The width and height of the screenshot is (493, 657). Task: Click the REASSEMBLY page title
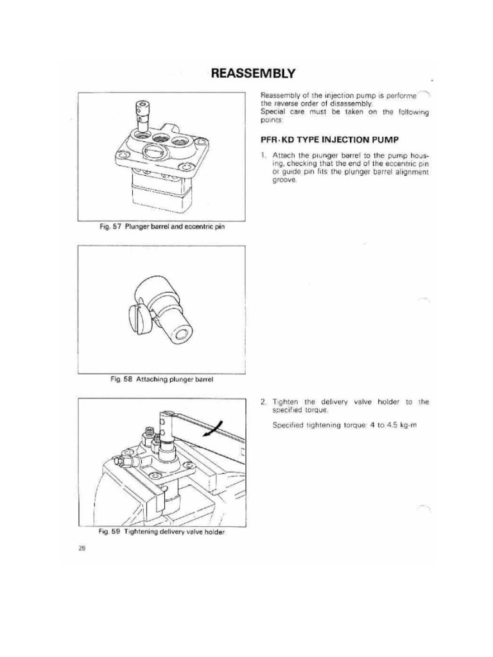point(254,73)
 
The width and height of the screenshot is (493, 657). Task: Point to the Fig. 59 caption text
point(161,532)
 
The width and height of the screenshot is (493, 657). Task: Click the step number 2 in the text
point(263,402)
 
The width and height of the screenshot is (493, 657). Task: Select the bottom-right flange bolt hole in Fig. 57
point(186,168)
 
